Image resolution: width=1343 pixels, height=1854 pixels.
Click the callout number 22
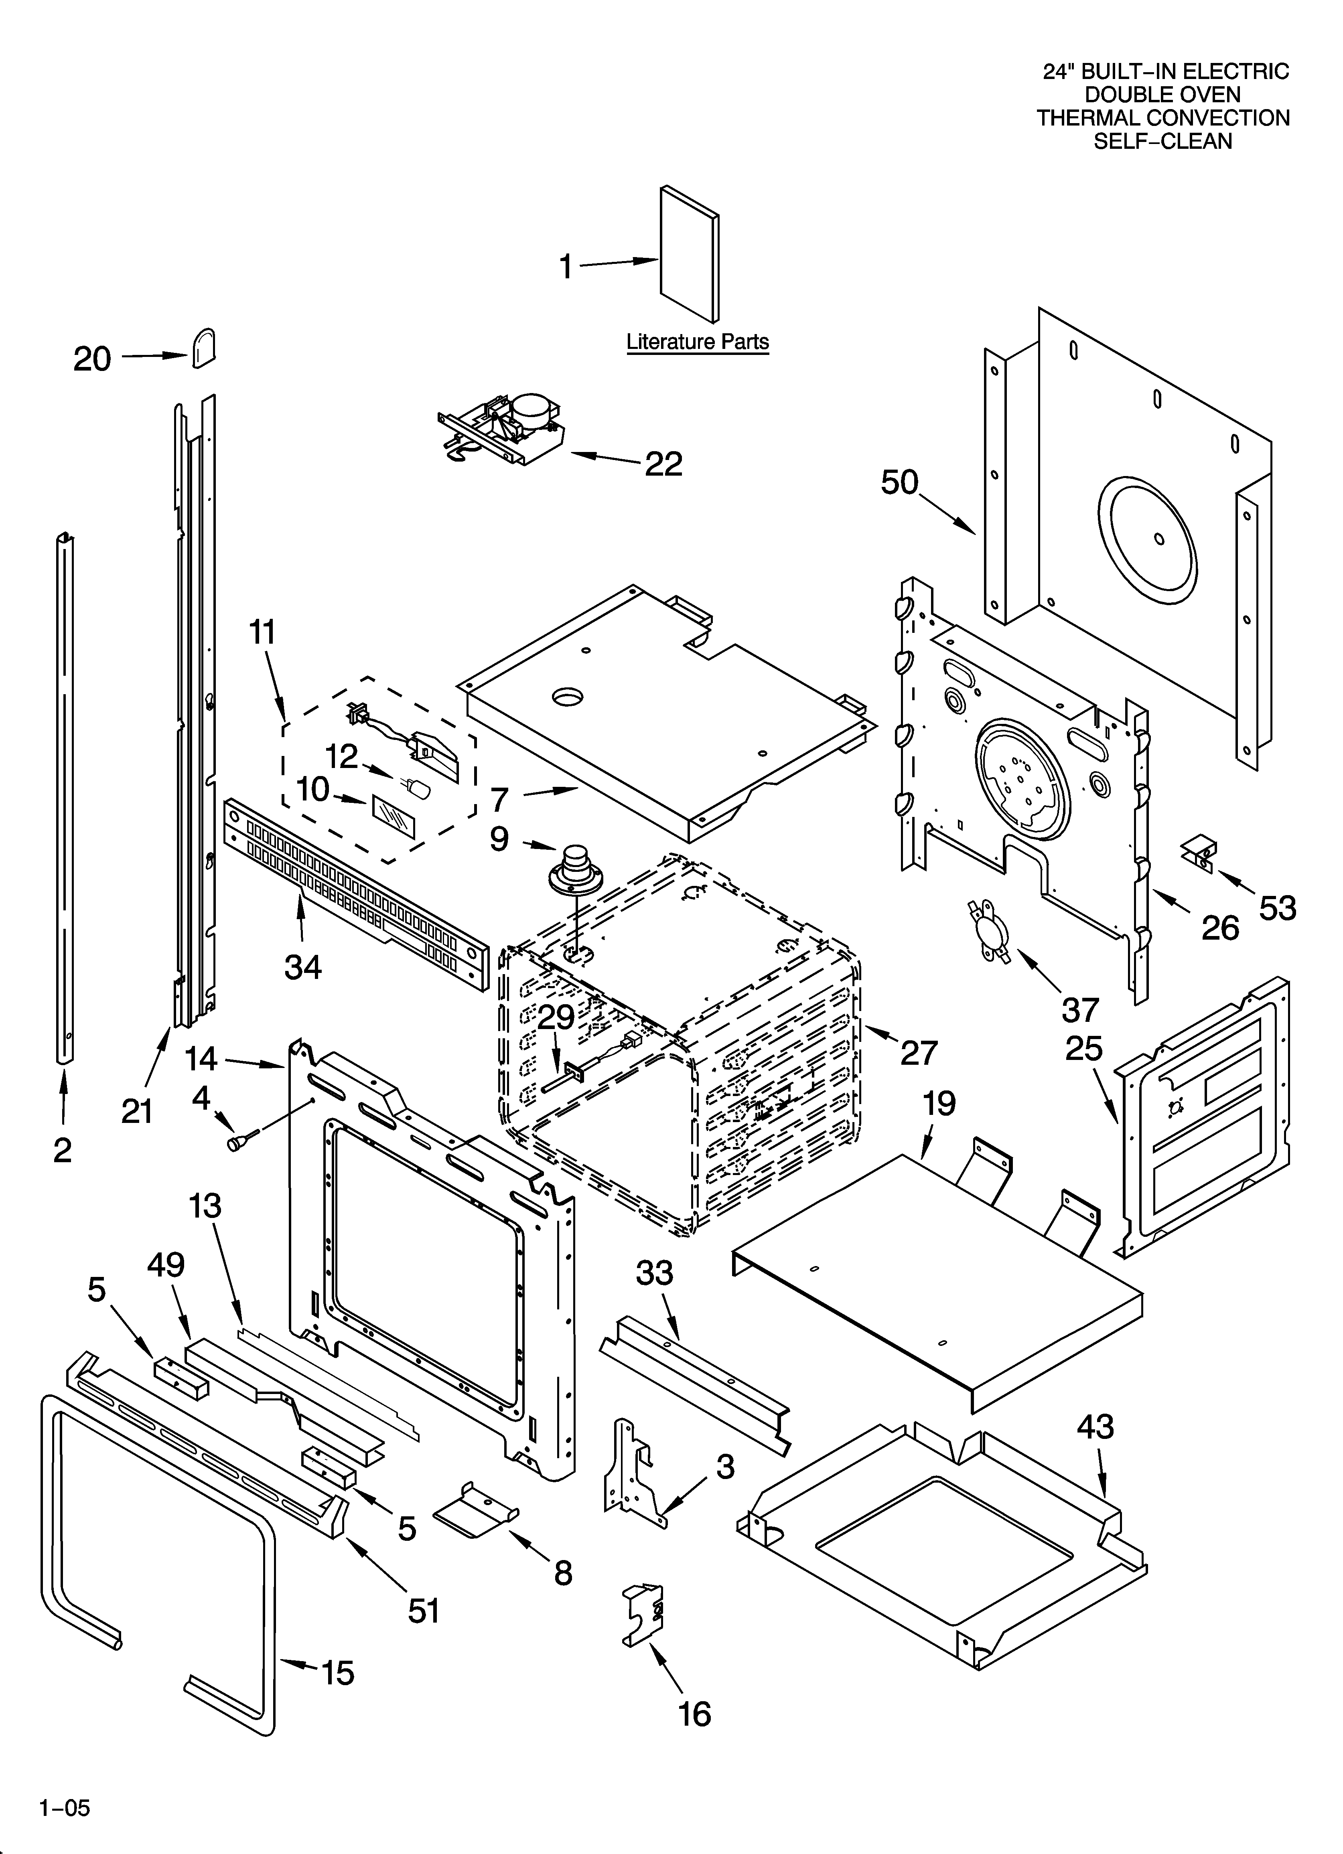click(663, 464)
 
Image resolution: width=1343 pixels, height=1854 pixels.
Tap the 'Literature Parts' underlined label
click(697, 342)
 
